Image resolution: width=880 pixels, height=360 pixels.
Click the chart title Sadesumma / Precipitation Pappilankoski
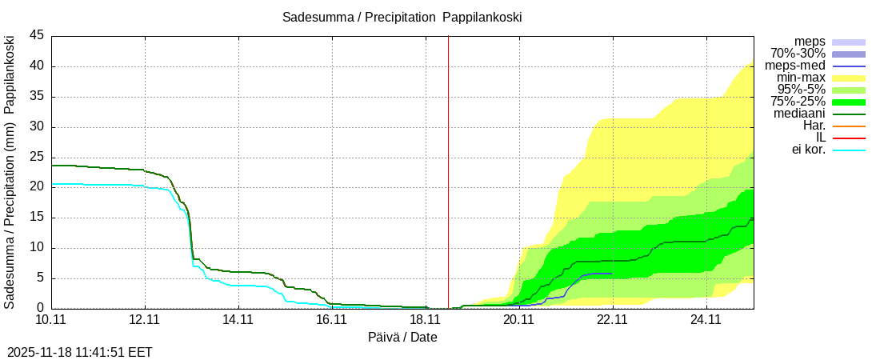402,17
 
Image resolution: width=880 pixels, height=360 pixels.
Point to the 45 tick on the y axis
38,36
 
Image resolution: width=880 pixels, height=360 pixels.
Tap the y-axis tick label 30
38,127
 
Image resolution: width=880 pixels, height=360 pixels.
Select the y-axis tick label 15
38,218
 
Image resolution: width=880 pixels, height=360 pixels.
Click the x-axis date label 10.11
51,320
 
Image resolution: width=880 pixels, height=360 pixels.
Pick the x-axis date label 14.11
238,320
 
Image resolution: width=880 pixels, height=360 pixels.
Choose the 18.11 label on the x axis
426,320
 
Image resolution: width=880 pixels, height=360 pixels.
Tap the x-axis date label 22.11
613,320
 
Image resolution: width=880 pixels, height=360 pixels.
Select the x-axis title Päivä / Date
402,337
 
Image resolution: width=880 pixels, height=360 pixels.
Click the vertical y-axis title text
10,172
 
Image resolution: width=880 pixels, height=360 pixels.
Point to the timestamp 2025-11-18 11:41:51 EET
80,352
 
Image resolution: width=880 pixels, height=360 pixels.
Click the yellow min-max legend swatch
849,78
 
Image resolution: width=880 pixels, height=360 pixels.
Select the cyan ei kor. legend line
849,150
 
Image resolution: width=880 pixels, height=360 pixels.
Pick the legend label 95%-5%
798,90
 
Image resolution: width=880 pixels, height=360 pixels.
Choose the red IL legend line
849,138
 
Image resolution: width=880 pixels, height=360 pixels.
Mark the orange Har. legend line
849,126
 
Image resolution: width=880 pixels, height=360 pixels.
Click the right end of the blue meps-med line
612,274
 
